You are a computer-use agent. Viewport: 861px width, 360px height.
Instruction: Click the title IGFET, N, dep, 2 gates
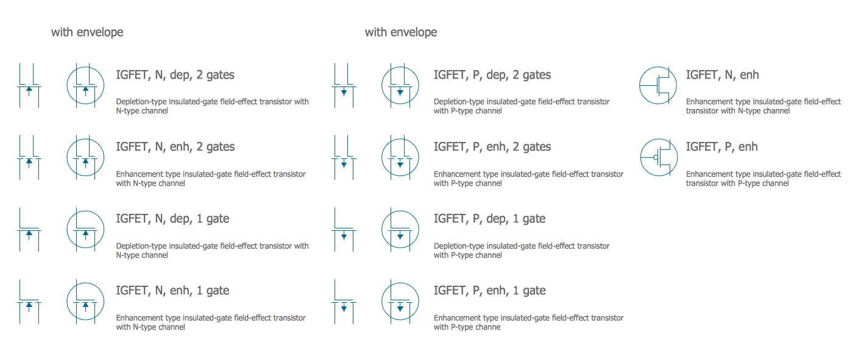(175, 76)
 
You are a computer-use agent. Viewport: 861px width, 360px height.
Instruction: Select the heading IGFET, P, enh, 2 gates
(492, 147)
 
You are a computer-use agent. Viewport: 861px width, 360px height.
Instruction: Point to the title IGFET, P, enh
(721, 147)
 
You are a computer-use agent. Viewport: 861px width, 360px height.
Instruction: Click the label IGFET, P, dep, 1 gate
(489, 219)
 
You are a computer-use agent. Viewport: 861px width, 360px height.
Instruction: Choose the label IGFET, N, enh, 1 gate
(172, 291)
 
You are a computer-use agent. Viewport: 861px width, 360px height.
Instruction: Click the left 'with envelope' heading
(87, 32)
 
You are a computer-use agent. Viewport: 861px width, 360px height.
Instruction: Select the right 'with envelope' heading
(401, 32)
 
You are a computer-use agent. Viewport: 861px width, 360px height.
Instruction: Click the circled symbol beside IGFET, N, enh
(658, 86)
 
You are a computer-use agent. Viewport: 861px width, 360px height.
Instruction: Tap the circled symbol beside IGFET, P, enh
(658, 158)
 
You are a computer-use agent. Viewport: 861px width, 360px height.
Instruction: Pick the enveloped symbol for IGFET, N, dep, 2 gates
(85, 86)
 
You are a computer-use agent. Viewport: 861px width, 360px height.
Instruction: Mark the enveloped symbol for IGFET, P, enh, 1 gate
(400, 302)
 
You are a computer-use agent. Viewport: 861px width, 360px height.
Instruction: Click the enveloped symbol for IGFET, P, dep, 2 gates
(400, 86)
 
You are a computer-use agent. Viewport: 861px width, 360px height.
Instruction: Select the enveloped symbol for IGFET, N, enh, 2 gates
(85, 158)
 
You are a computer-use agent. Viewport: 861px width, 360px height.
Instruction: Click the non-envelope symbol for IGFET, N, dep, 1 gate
(29, 230)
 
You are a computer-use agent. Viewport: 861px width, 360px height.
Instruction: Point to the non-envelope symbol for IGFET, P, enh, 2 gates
(344, 158)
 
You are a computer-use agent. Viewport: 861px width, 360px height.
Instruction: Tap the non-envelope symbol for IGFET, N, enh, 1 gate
(29, 302)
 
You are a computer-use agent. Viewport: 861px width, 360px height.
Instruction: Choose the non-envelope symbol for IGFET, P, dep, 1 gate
(344, 230)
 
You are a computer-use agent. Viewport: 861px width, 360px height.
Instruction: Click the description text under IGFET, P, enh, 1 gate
(528, 322)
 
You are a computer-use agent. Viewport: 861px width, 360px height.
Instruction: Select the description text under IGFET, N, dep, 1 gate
(212, 250)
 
